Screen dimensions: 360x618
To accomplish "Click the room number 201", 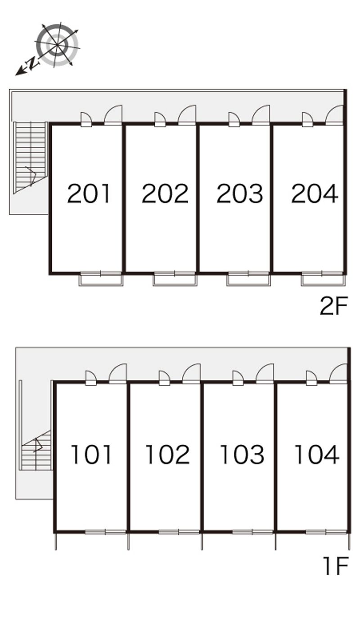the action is click(89, 194).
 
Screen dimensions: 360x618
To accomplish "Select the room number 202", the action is click(165, 194).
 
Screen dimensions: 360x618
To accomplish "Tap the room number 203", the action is click(240, 194).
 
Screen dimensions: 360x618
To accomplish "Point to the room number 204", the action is click(315, 194).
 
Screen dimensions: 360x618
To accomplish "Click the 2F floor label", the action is click(333, 306).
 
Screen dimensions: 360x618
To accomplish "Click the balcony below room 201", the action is click(101, 279).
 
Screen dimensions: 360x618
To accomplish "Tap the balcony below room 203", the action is click(248, 279).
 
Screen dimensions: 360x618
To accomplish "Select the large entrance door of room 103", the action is click(265, 374).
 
